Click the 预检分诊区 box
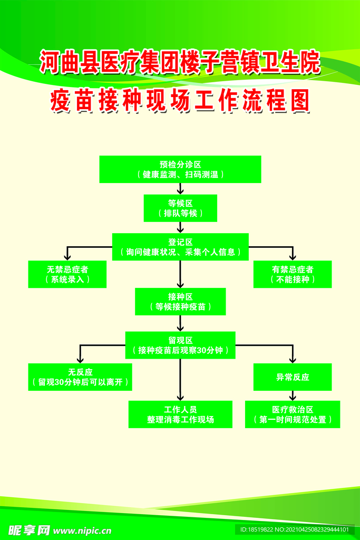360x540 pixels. (180, 169)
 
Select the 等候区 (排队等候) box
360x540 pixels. (180, 208)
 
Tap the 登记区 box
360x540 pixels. (180, 247)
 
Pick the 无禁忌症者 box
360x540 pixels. (67, 274)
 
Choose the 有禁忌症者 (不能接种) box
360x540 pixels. (293, 274)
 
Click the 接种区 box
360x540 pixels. (180, 302)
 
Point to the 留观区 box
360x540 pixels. (180, 345)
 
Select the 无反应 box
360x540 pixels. (80, 377)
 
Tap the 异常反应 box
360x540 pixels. (293, 377)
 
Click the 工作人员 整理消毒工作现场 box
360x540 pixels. (180, 414)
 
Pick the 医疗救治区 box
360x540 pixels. (293, 414)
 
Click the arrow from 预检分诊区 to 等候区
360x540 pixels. (180, 189)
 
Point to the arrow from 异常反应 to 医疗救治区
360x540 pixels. (293, 396)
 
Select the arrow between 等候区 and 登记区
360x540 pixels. (180, 227)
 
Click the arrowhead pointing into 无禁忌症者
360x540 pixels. (67, 256)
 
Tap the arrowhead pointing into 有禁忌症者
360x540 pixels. (293, 256)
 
